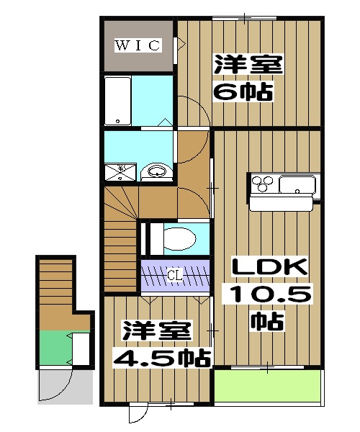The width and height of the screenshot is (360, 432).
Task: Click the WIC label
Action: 138,46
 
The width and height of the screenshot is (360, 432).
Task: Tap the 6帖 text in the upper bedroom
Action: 241,92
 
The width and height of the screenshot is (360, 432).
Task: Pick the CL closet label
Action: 174,275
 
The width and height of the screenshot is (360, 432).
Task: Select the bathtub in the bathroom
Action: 117,100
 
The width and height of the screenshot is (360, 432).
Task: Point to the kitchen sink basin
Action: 297,185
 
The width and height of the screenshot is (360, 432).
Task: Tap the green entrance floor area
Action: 55,348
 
